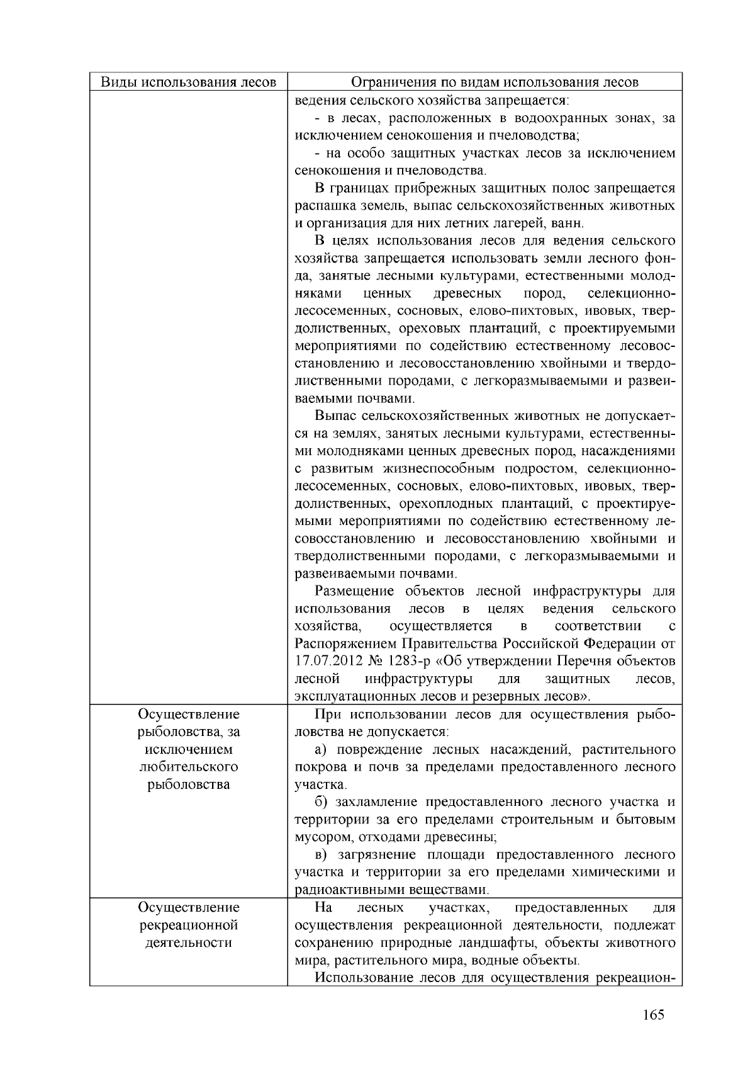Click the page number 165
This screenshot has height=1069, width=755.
click(654, 1015)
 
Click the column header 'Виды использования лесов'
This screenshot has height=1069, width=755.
click(189, 82)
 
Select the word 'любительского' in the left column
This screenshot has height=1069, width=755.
click(189, 767)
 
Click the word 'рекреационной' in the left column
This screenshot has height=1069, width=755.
click(189, 925)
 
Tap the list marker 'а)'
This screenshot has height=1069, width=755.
click(322, 750)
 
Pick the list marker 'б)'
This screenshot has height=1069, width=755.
click(322, 802)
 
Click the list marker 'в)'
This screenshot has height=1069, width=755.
click(322, 855)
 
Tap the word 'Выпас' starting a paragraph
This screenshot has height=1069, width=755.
click(335, 416)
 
